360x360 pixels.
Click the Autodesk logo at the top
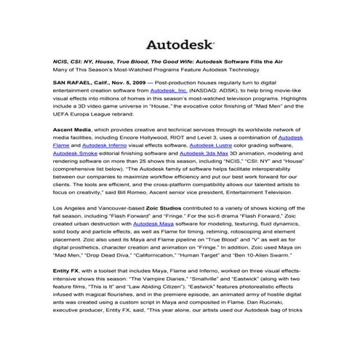[x=180, y=45]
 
